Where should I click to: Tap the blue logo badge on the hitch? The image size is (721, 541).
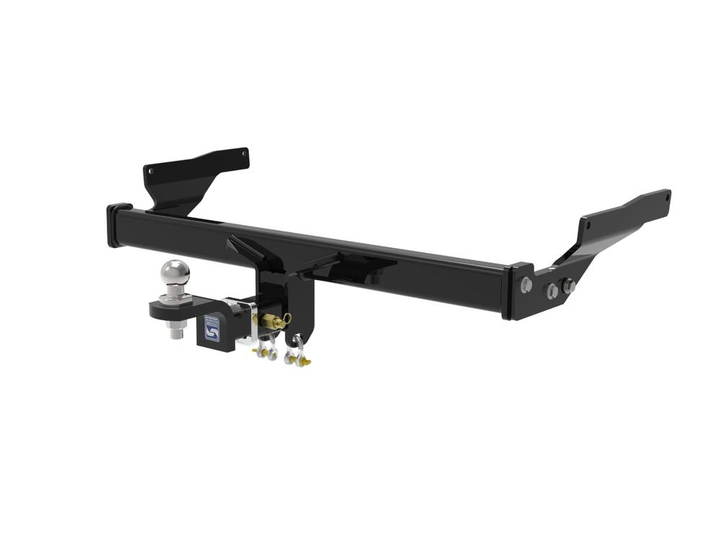pos(212,330)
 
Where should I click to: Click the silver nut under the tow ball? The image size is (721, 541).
pos(177,333)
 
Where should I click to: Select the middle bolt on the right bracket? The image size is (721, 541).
pos(552,290)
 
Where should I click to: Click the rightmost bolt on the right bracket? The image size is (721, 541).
pos(569,286)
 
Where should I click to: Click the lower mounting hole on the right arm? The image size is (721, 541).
pos(588,225)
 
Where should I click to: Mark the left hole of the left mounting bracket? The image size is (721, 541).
pos(151,172)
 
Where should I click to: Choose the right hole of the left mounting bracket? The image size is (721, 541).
pos(244,154)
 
